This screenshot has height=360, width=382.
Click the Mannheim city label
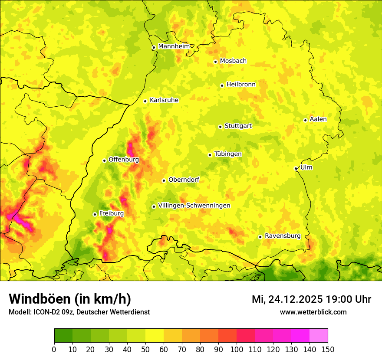tap(174, 46)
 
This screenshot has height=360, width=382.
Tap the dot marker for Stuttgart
tap(220, 127)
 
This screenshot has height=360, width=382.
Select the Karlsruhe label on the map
tap(164, 100)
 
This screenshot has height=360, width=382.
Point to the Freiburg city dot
tap(95, 214)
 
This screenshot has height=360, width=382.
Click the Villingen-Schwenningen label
tap(194, 206)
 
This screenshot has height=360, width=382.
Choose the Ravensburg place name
tap(282, 236)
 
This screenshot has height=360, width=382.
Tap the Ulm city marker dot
tap(296, 168)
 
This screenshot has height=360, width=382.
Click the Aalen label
tap(318, 119)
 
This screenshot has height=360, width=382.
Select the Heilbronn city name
tap(241, 85)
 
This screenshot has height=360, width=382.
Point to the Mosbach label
tap(233, 61)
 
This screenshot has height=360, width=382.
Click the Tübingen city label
tap(228, 154)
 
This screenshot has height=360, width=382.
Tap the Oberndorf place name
tap(184, 180)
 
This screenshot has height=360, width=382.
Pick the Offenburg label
tap(124, 160)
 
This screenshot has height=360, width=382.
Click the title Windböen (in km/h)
tap(69, 299)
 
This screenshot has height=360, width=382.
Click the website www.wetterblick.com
tap(313, 312)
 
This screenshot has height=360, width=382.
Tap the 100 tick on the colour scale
tap(237, 349)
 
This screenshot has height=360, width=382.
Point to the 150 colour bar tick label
tap(328, 349)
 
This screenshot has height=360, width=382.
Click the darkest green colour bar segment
tap(63, 336)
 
